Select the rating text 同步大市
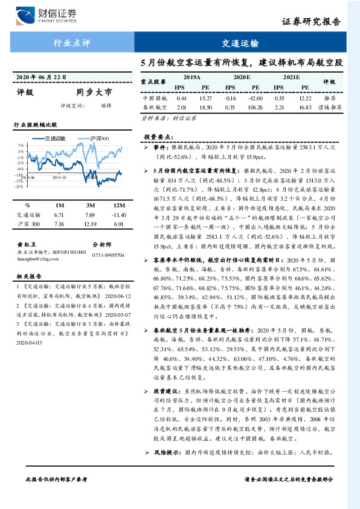tap(94, 93)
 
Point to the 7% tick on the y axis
tap(21, 146)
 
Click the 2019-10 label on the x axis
tap(59, 178)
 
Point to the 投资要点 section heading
tap(159, 137)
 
